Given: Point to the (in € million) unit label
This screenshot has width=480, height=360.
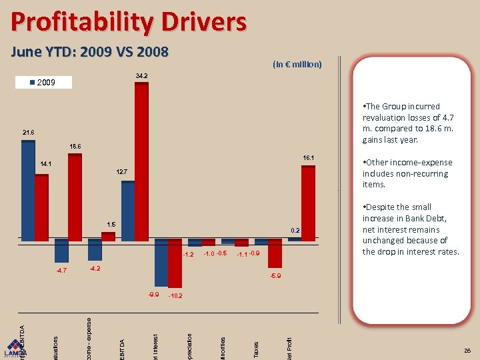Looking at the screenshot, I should [297, 65].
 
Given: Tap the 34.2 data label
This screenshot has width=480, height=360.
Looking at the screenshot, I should [141, 75].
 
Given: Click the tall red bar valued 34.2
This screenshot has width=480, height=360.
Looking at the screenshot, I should [141, 160].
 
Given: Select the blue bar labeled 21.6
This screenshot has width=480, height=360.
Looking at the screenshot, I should [28, 190].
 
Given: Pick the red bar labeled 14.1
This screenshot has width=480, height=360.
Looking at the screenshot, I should [41, 207].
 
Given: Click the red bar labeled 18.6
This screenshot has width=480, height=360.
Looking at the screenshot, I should [75, 197].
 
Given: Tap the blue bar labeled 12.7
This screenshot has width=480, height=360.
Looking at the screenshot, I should [128, 210].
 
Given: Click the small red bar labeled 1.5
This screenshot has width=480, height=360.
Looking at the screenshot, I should [108, 235].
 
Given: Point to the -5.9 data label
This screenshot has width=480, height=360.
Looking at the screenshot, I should [275, 275].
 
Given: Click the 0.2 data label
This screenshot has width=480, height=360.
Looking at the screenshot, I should [295, 230].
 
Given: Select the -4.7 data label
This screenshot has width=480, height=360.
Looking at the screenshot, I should [62, 270].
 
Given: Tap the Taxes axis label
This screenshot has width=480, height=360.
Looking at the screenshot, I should [256, 349].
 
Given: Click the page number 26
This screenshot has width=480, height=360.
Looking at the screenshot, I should [467, 351].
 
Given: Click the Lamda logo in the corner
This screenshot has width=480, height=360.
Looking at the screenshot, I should [15, 350].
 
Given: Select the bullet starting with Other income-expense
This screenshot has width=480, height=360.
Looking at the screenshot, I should [407, 173].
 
